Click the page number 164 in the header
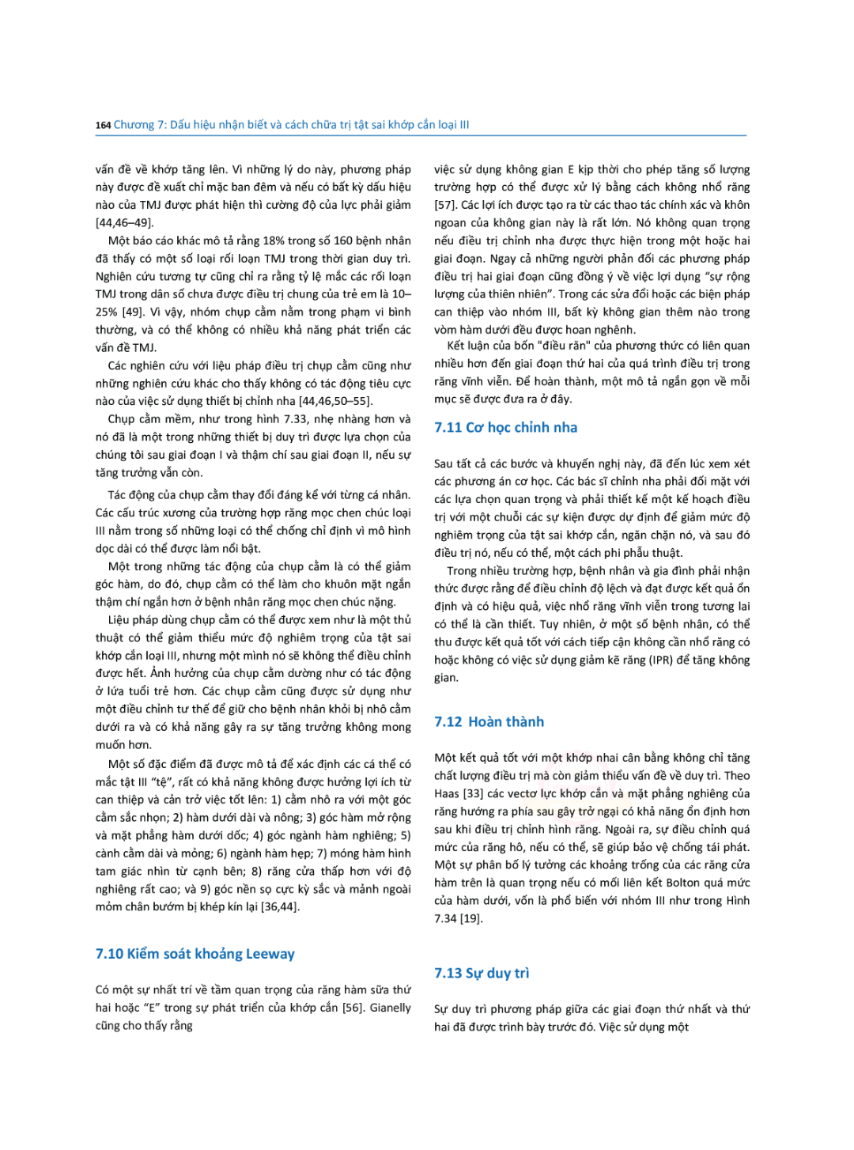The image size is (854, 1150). pos(103,125)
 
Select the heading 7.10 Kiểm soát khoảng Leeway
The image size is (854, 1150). pos(195,954)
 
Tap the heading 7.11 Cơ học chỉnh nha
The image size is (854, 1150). pos(505,428)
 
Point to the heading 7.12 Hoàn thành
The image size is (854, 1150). pos(489,722)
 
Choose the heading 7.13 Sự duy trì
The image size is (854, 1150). pos(482,974)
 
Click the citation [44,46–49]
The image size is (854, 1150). pos(125,223)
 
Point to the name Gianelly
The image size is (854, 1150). pos(390,1008)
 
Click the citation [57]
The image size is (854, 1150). pos(445,205)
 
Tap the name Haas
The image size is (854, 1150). pos(447,793)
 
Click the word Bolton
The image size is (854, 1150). pos(684,883)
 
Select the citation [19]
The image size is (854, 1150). pos(470,918)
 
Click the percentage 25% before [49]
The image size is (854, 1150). pos(107,312)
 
